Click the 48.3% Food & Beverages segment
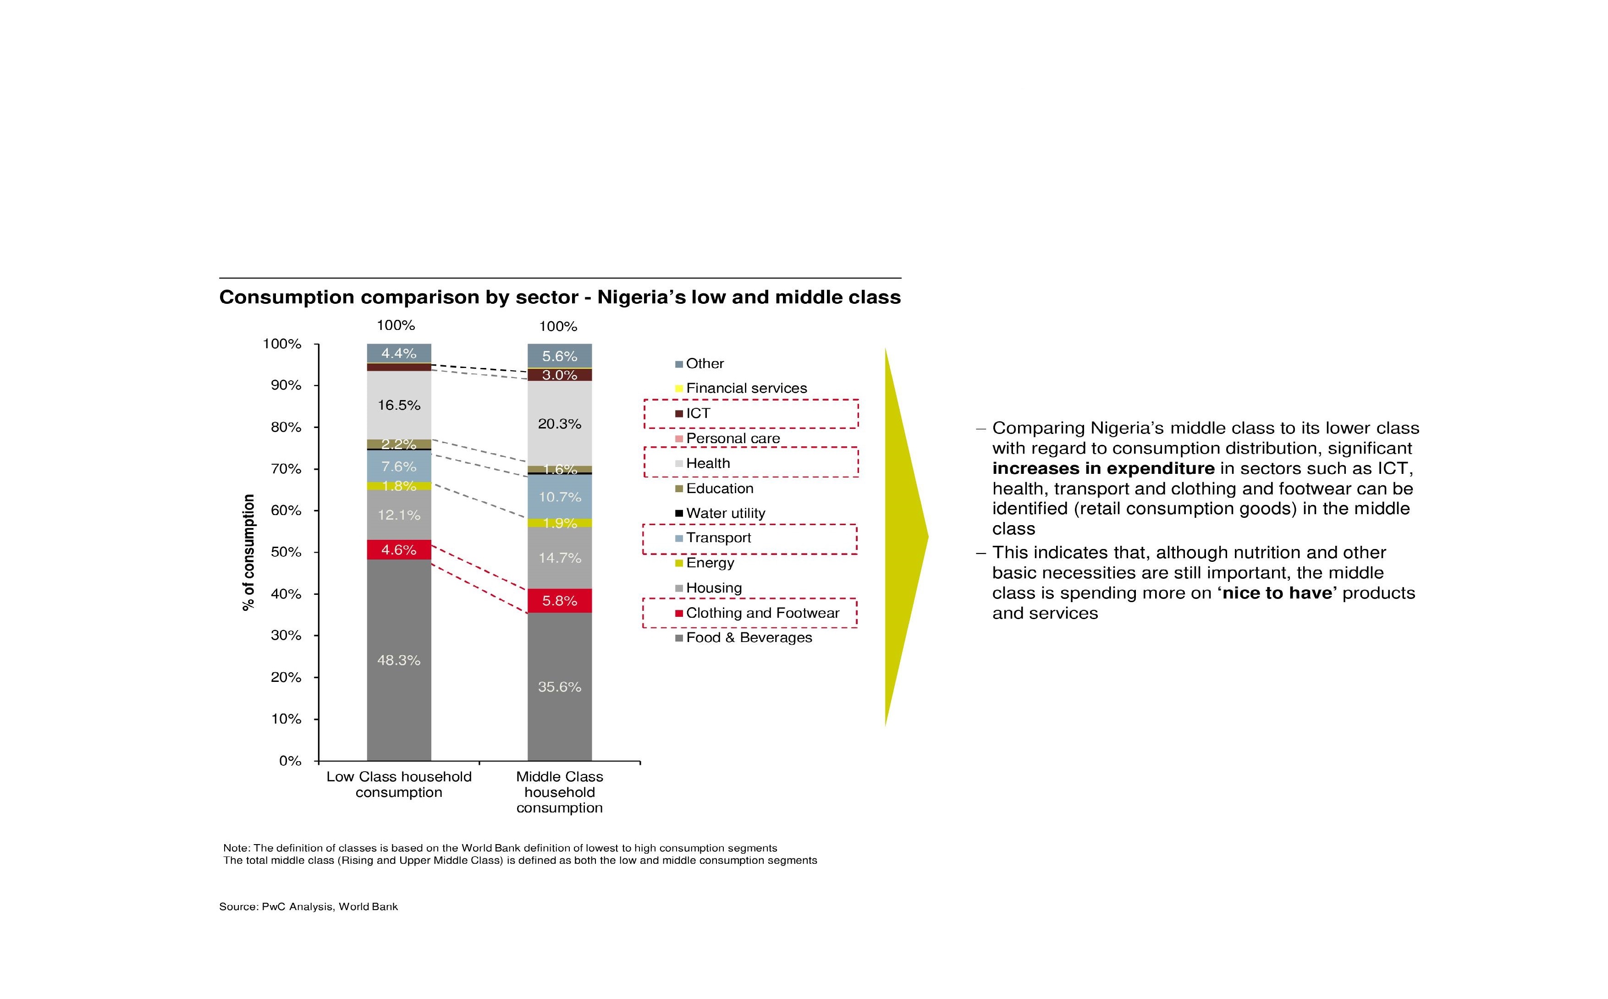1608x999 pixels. (398, 660)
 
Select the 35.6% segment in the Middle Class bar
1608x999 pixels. (559, 686)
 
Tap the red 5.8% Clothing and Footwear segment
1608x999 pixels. (559, 601)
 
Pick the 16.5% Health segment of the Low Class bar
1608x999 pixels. (398, 405)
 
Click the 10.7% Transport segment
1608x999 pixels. (559, 496)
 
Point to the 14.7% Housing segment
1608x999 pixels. (559, 558)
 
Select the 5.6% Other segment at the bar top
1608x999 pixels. (559, 356)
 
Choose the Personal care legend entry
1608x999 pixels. (732, 439)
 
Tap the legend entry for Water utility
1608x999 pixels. (725, 513)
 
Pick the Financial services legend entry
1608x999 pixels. (746, 389)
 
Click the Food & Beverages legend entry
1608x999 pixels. (748, 637)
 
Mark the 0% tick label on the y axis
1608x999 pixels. (290, 761)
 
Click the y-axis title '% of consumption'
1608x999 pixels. (248, 552)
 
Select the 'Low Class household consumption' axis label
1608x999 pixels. (398, 784)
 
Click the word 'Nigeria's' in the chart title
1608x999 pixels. (641, 297)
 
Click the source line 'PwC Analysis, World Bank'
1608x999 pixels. (329, 906)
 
